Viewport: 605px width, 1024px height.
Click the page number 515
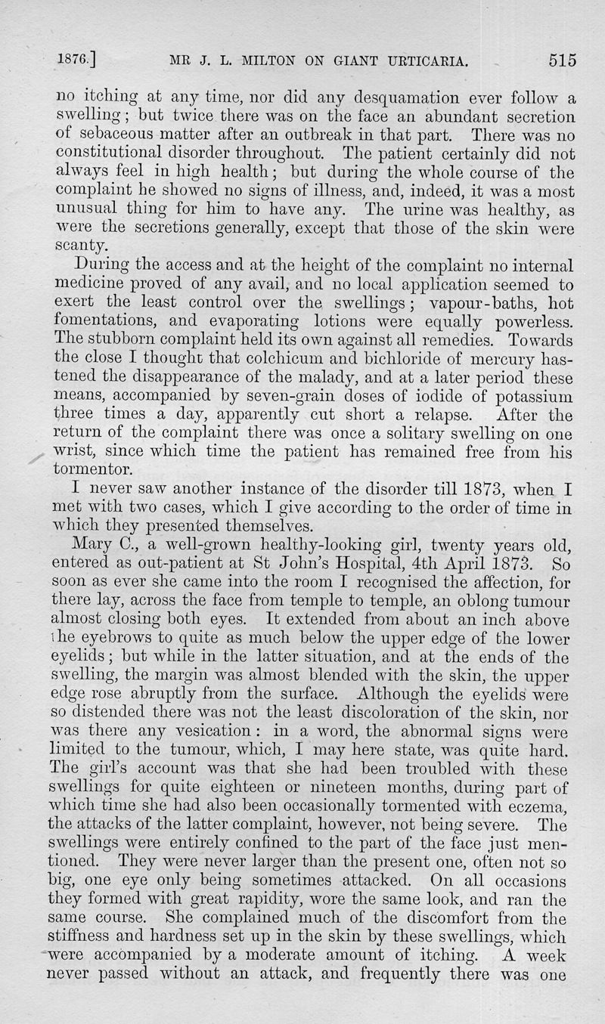coord(558,60)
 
